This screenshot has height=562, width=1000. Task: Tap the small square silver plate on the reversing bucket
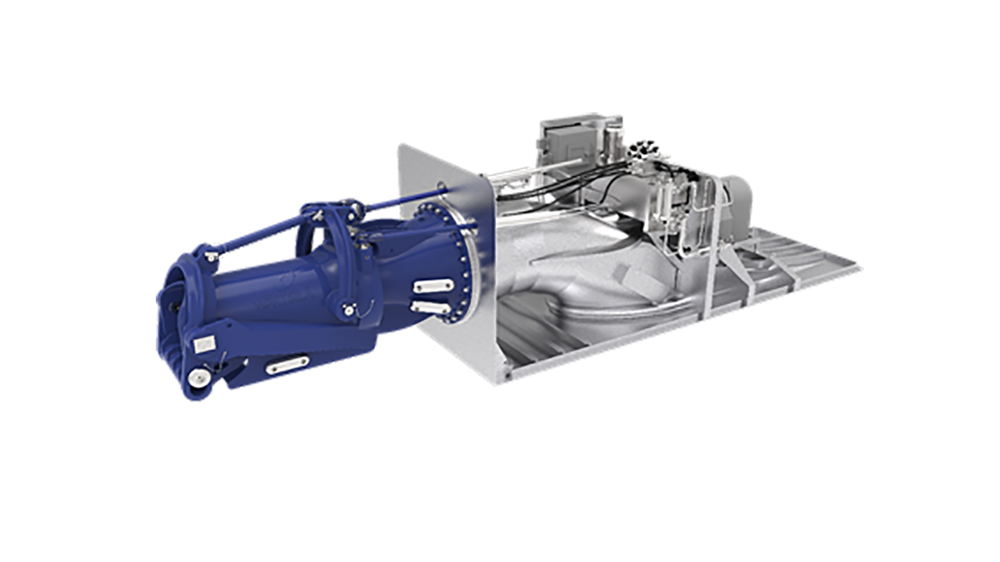click(202, 344)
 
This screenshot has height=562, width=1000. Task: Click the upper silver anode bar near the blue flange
click(433, 285)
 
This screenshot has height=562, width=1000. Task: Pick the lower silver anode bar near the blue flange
click(430, 309)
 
